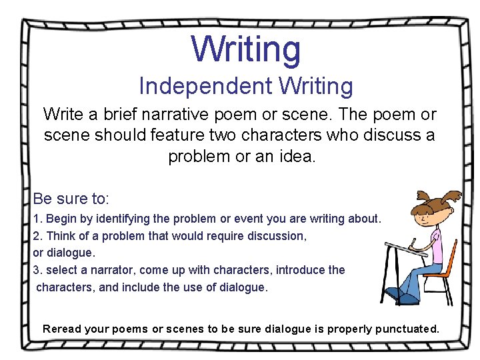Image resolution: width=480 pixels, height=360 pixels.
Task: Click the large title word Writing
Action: (x=246, y=49)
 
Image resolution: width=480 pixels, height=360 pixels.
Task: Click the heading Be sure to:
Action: (x=71, y=199)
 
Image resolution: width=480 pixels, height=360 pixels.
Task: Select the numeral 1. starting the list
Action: (x=37, y=219)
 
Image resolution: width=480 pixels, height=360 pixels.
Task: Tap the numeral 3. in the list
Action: (x=37, y=270)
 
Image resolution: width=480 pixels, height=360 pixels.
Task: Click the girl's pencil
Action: (x=414, y=243)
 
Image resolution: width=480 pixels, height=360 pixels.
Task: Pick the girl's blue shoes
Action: (x=400, y=295)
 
